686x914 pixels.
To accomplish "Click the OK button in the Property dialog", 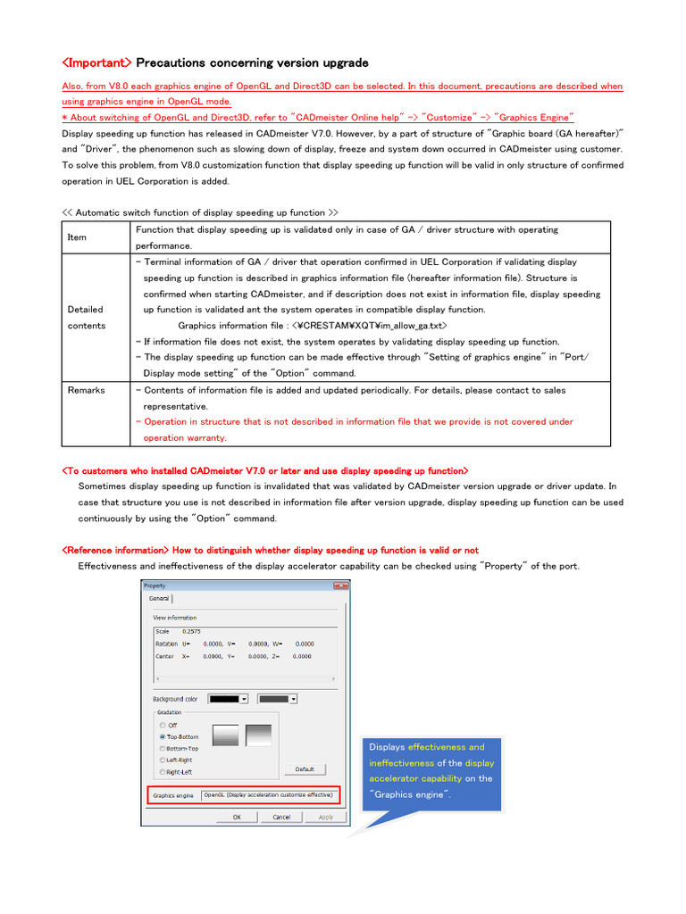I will click(x=237, y=817).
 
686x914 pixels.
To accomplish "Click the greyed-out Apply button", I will click(x=326, y=817).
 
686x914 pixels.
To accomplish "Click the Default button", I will click(x=305, y=769).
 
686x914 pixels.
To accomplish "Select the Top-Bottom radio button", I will click(x=162, y=736).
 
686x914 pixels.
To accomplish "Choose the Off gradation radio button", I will click(x=162, y=725).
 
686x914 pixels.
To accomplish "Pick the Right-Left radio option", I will click(x=162, y=771).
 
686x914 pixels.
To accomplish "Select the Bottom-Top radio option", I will click(x=162, y=748).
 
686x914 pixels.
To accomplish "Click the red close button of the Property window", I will click(x=340, y=586).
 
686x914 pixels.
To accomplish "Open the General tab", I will click(x=158, y=599).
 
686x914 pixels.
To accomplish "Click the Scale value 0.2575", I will click(x=191, y=631).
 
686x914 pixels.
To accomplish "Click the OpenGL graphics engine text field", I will click(x=268, y=794).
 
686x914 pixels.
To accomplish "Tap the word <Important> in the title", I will click(x=97, y=62).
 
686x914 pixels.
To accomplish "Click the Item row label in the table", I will click(x=77, y=237).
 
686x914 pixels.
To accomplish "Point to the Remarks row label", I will click(x=86, y=390).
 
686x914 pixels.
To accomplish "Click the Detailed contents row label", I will click(x=86, y=318).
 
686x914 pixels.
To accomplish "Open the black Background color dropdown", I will click(x=244, y=699).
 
